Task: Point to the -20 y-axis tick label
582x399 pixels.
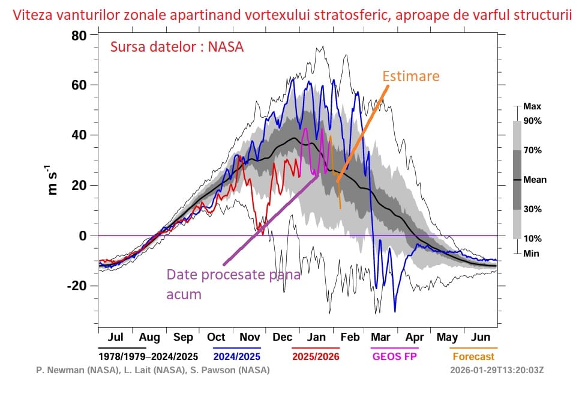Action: tap(76, 285)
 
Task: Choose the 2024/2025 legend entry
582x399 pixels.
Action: tap(237, 356)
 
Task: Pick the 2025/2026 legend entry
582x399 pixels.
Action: tap(316, 356)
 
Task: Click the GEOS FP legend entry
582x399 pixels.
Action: tap(395, 356)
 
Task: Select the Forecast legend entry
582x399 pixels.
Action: tap(473, 356)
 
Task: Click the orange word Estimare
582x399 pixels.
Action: tap(411, 76)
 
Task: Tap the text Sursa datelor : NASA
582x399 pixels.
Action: tap(176, 47)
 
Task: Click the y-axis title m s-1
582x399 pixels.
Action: tap(53, 177)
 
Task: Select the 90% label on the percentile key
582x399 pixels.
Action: tap(532, 121)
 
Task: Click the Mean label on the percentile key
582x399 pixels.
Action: tap(535, 179)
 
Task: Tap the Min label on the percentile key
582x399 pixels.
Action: tap(531, 253)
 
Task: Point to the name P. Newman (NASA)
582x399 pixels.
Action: tap(71, 370)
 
